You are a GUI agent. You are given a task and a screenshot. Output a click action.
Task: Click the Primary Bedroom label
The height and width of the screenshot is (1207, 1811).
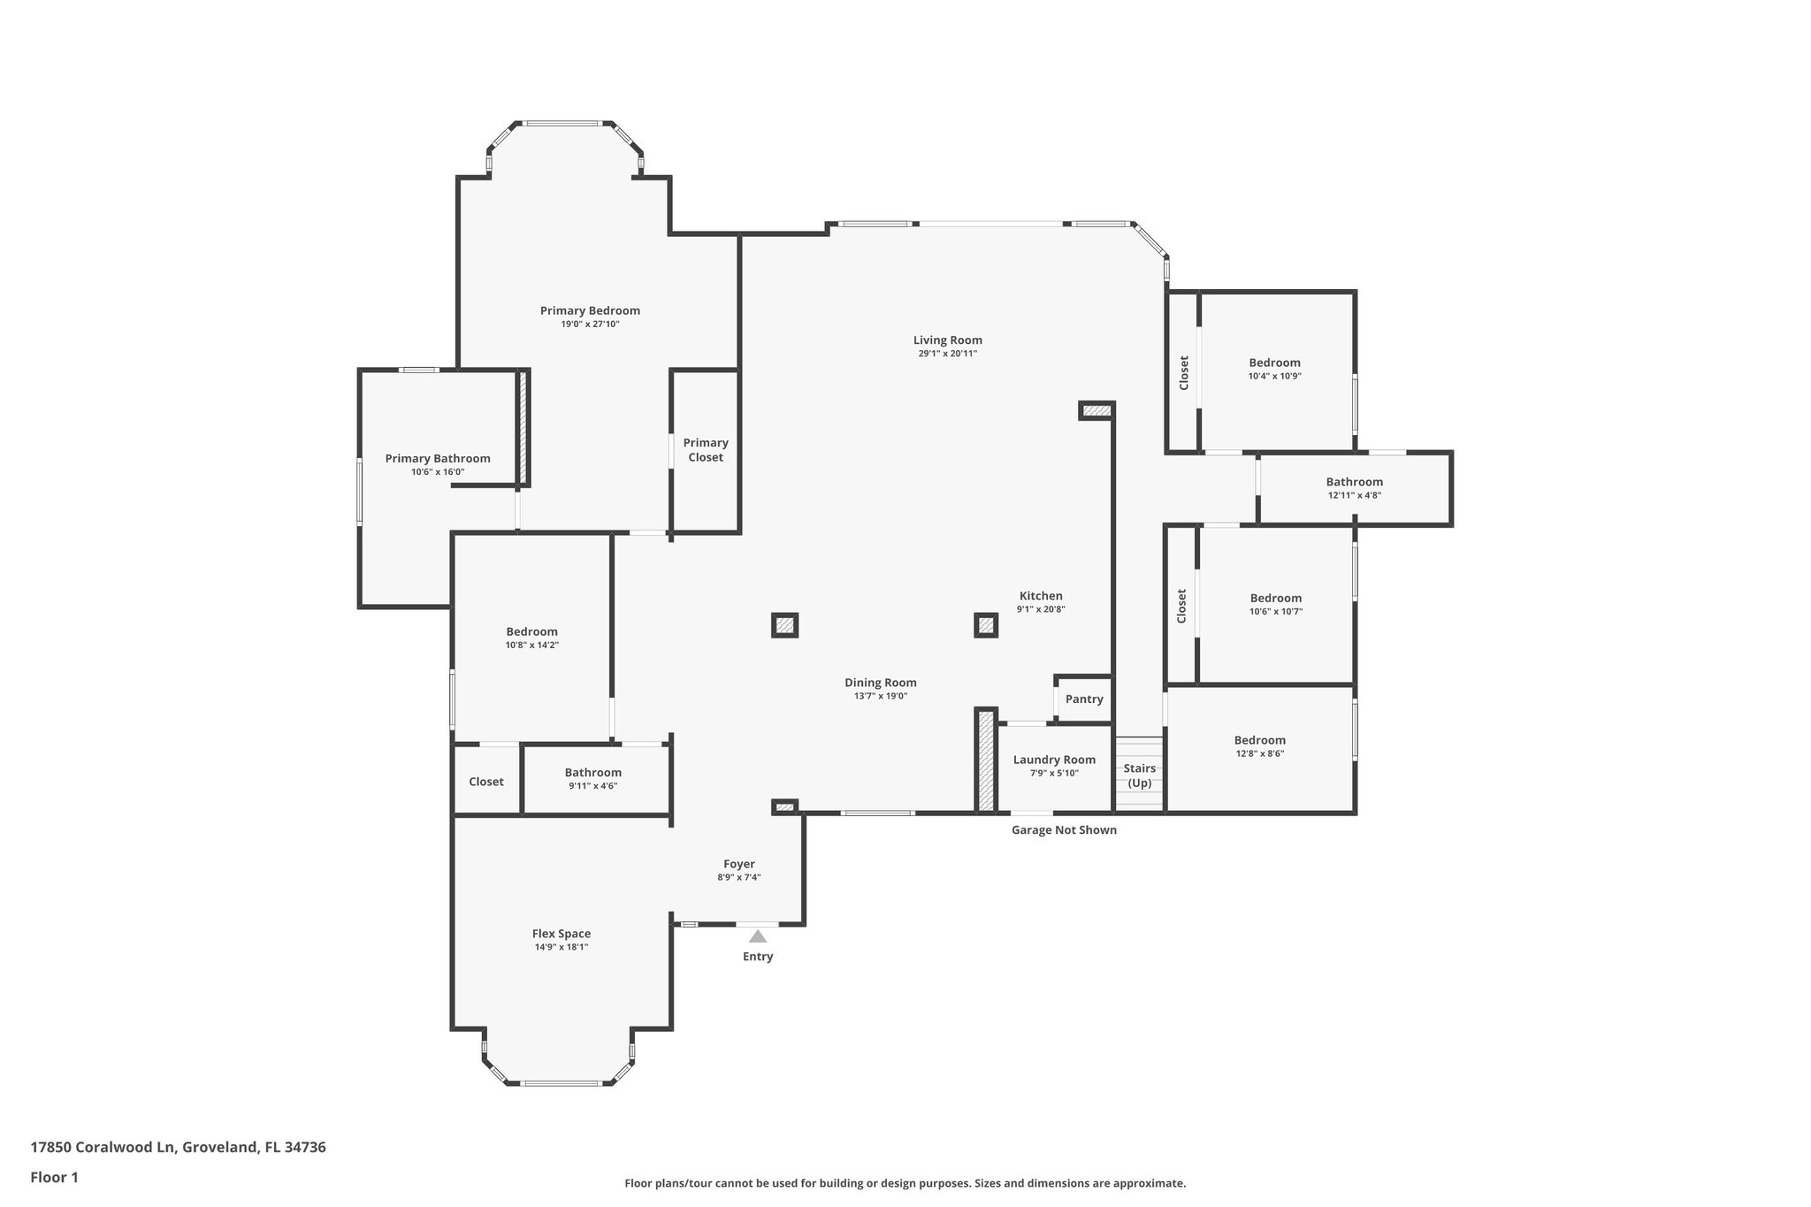(x=590, y=310)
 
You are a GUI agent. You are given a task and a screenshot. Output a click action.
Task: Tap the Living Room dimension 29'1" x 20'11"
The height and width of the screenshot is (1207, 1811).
(x=947, y=354)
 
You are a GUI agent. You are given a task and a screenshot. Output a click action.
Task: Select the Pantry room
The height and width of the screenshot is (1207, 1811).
(x=1084, y=699)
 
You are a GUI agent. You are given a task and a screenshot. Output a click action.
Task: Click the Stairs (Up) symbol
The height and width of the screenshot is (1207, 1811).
(x=1139, y=775)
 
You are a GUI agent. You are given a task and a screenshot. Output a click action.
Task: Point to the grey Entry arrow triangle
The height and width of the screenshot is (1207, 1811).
(x=758, y=936)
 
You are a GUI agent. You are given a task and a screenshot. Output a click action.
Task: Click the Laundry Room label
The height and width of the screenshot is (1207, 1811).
(x=1054, y=760)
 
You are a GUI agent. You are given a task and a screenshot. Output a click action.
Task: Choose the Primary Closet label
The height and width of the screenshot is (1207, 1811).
(x=706, y=449)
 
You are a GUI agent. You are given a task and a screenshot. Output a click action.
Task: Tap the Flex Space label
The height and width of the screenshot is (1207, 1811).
(x=561, y=933)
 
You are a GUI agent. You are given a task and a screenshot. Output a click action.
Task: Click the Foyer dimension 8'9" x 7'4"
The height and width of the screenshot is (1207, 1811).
(x=738, y=877)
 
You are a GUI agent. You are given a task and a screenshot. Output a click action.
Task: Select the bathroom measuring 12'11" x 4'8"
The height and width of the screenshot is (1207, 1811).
(x=1354, y=488)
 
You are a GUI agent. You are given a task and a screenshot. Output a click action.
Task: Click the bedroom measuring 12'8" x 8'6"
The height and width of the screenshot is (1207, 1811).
(x=1259, y=746)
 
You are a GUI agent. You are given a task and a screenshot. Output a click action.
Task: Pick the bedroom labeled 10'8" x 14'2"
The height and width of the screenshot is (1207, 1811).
(x=531, y=638)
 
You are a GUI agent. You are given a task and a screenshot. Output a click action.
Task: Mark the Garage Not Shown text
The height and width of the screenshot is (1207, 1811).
(x=1064, y=829)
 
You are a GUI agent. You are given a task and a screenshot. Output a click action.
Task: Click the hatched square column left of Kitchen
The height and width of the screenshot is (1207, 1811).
(x=986, y=625)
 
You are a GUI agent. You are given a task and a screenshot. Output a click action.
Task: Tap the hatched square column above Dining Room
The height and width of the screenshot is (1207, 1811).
(x=784, y=625)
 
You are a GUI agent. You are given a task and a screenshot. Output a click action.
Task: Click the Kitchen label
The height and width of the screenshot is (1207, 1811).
(x=1041, y=595)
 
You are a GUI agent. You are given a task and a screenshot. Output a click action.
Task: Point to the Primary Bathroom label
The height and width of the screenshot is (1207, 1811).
(x=437, y=458)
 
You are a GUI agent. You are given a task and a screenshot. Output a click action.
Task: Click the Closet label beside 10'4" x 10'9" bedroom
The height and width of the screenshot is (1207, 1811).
(x=1183, y=372)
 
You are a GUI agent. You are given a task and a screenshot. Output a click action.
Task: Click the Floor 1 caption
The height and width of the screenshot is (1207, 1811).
(x=54, y=1177)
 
